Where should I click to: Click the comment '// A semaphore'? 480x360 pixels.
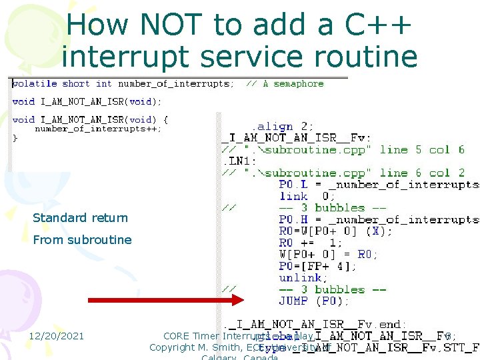tap(285, 84)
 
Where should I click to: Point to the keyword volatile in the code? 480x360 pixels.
tap(35, 84)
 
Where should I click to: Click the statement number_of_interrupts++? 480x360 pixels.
tap(98, 129)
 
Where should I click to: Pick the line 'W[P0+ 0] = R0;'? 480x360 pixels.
tap(328, 254)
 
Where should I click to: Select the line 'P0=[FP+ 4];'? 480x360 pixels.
tap(317, 266)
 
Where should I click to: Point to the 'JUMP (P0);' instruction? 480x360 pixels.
tap(313, 301)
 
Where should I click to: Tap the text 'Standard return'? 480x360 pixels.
tap(80, 218)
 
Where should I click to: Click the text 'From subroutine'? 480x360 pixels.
tap(82, 240)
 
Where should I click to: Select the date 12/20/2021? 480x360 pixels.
tap(56, 336)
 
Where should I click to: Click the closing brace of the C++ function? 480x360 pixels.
tap(16, 139)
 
